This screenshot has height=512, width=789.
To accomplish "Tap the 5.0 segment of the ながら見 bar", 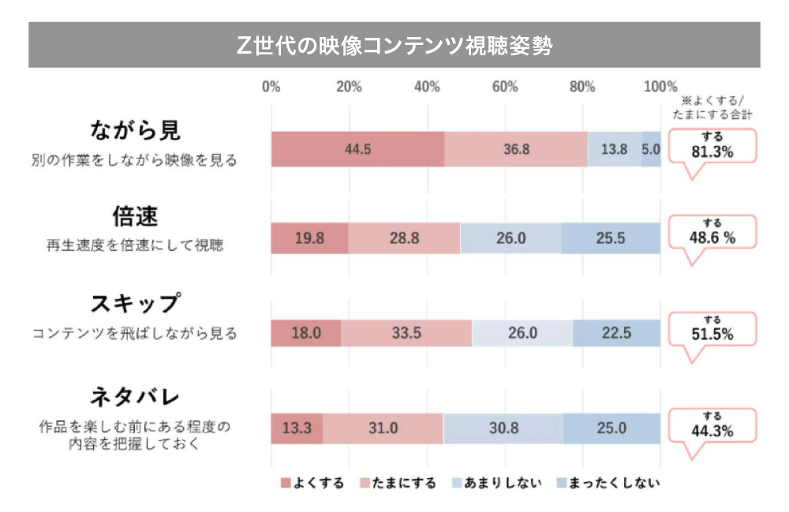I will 651,149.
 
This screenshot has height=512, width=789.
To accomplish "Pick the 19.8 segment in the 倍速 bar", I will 309,237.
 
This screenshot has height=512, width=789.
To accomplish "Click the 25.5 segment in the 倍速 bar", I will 611,237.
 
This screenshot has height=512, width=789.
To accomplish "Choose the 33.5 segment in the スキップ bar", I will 406,333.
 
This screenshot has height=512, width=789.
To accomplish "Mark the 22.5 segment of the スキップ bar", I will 616,333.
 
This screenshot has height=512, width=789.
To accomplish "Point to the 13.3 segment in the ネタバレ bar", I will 297,428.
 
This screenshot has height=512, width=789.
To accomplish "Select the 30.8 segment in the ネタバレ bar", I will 503,428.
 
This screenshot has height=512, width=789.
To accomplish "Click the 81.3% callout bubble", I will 712,146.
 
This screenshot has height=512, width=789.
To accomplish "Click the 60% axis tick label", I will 505,87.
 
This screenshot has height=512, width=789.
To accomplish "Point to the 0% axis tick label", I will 271,87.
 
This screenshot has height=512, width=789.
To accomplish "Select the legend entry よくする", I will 312,483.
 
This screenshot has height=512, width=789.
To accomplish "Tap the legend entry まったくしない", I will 608,483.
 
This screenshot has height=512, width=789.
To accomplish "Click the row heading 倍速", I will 135,215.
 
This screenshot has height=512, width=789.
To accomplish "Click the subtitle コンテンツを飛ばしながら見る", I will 135,334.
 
